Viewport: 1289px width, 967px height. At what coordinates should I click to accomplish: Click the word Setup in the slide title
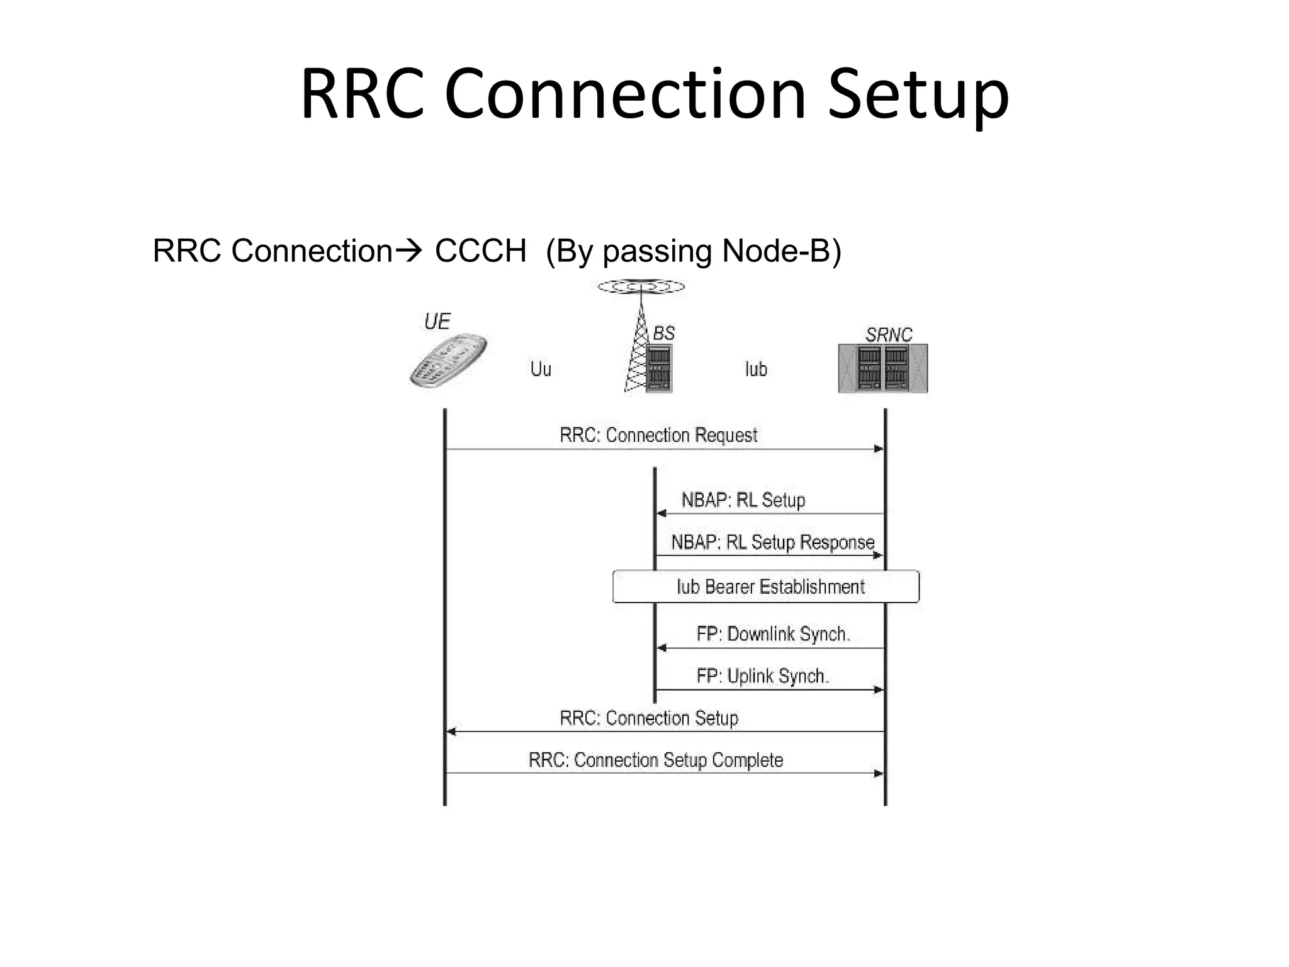tap(918, 96)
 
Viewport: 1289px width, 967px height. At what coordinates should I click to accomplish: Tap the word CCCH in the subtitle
tap(480, 251)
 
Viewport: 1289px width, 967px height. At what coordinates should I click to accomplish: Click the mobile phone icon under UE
tap(447, 361)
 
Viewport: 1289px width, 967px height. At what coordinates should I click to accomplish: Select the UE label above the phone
tap(437, 322)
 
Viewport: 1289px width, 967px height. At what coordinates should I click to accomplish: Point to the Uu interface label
tap(541, 369)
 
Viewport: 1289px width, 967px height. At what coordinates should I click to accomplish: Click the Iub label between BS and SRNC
tap(756, 369)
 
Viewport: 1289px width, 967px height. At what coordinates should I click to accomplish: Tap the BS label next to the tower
tap(663, 333)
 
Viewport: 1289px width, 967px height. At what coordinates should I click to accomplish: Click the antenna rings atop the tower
tap(641, 287)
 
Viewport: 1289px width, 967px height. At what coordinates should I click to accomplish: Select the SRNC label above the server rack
tap(888, 335)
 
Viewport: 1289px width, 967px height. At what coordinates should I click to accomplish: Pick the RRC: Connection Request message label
tap(658, 435)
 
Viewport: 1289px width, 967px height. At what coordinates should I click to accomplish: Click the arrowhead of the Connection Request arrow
tap(879, 449)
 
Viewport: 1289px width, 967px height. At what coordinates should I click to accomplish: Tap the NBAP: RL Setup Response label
tap(773, 542)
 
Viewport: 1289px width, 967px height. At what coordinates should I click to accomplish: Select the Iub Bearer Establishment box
tap(766, 587)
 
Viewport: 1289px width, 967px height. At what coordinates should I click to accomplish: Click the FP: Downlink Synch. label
tap(773, 634)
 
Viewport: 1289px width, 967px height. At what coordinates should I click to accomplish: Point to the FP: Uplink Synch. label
tap(763, 676)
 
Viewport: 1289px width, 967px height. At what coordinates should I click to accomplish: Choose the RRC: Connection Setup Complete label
tap(656, 760)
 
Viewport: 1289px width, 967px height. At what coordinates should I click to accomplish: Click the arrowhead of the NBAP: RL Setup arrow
tap(661, 513)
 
